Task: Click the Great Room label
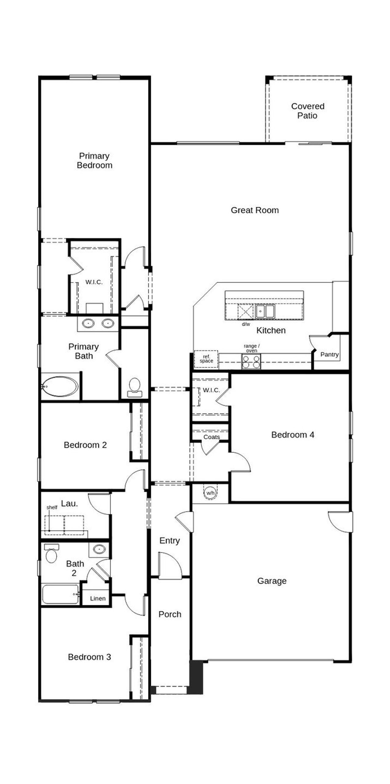tap(255, 210)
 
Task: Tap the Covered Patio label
tap(307, 111)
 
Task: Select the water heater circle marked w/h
tap(210, 493)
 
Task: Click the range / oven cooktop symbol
tap(251, 362)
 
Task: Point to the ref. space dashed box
tap(206, 359)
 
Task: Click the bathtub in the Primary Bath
tap(60, 386)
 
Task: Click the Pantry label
tap(329, 354)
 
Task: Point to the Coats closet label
tap(211, 437)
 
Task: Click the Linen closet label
tap(98, 598)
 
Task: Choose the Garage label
tap(272, 581)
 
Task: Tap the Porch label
tap(170, 614)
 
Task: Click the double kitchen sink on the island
tap(265, 311)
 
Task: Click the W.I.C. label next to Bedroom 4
tap(211, 390)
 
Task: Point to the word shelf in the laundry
tap(52, 507)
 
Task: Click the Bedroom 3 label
tap(89, 657)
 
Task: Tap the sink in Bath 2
tap(99, 549)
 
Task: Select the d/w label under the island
tap(246, 324)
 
